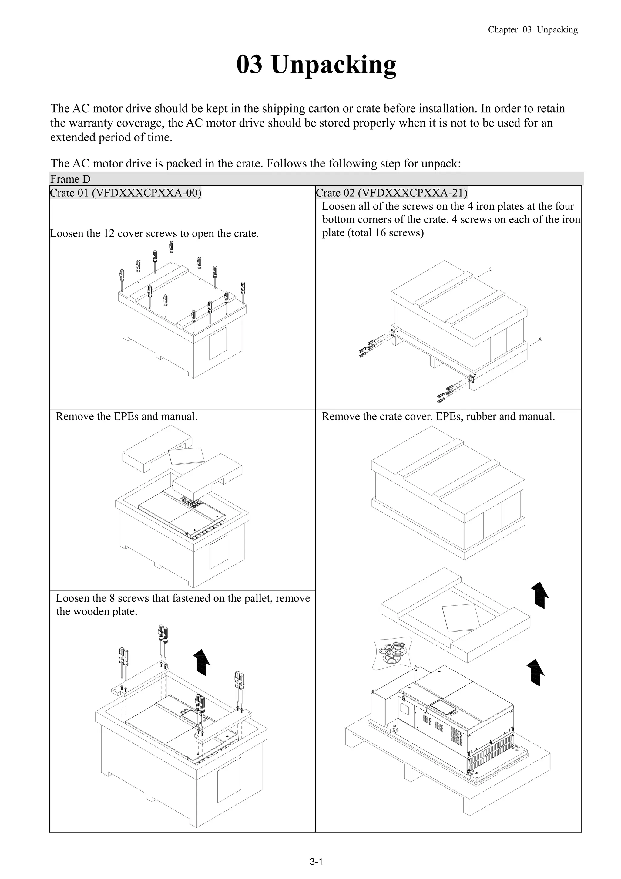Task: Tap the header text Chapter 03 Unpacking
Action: [x=532, y=30]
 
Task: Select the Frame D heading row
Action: [x=70, y=179]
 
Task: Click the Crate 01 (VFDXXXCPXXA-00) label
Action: [x=126, y=193]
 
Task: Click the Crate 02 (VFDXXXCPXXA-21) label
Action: [x=391, y=193]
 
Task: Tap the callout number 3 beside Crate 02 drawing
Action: [x=491, y=269]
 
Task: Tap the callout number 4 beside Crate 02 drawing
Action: [x=540, y=339]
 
